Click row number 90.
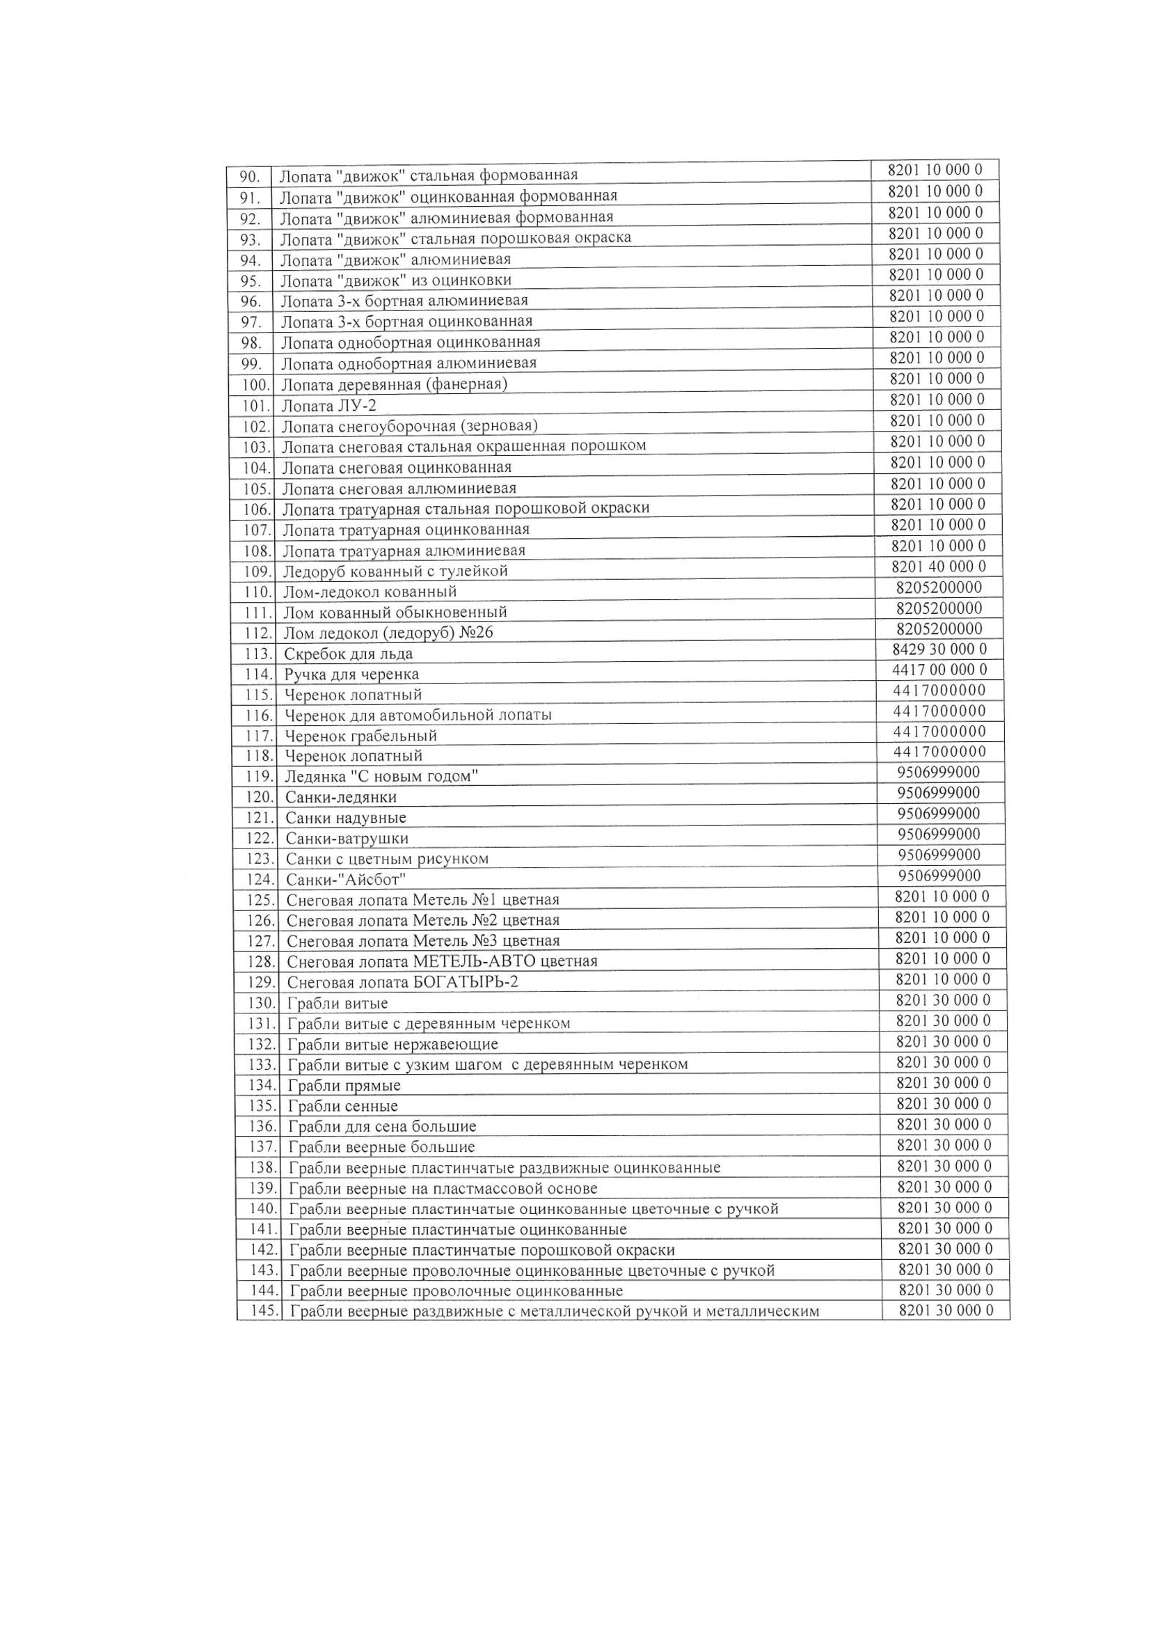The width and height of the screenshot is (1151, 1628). [251, 176]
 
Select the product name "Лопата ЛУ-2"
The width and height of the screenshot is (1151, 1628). [329, 406]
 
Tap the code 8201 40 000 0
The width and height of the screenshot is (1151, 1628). [937, 567]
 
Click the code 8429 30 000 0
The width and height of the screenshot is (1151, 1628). [939, 649]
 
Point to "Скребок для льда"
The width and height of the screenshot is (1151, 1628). [348, 654]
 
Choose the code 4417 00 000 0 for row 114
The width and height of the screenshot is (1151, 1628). [939, 670]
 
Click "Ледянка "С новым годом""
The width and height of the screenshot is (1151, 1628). [381, 777]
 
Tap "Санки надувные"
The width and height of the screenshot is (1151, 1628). [346, 818]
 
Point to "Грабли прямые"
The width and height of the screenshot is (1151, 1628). [344, 1086]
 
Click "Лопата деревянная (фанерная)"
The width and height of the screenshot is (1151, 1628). [394, 384]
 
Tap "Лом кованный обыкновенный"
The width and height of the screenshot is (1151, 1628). [395, 612]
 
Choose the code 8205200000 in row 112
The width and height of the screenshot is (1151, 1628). [939, 629]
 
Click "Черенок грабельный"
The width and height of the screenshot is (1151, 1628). [360, 736]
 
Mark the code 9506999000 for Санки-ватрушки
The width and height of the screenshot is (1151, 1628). [939, 834]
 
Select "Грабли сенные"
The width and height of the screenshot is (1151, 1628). [343, 1106]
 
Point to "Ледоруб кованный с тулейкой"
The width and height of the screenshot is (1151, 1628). [395, 571]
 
